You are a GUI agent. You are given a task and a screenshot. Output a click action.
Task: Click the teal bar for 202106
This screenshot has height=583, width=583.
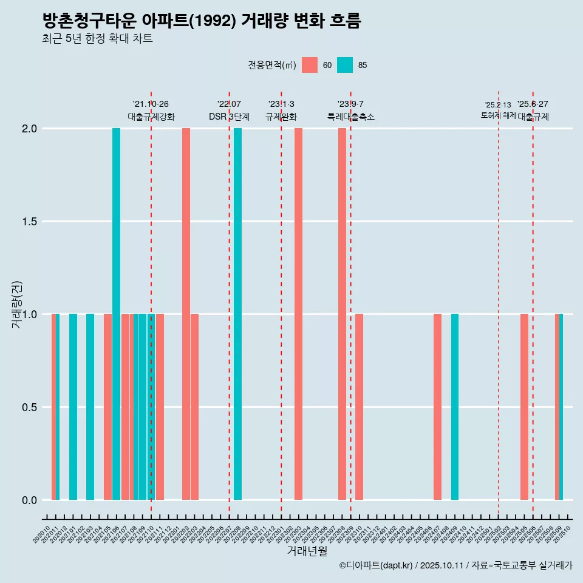point(116,314)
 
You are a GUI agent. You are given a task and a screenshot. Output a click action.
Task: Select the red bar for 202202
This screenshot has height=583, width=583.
point(186,314)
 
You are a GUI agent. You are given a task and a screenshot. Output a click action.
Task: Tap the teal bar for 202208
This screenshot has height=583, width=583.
point(237,314)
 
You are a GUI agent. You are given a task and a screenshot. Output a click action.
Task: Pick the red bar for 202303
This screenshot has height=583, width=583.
point(298,314)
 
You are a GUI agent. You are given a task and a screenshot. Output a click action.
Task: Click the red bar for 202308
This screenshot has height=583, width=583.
point(342,314)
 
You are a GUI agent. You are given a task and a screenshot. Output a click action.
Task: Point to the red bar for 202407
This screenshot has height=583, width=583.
point(437,407)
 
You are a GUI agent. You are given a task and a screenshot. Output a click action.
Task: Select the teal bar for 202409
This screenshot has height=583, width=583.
point(455,407)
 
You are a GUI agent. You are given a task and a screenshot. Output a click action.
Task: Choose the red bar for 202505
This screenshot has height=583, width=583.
point(524,407)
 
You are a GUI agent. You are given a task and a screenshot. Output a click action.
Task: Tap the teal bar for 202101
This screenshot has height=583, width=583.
point(73,407)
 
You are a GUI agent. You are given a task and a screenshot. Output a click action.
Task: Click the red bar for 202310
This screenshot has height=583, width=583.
point(360,407)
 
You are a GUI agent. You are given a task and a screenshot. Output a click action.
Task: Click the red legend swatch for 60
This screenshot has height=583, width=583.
point(310,65)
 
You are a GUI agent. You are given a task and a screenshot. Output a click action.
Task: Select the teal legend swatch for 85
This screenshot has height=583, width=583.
point(345,65)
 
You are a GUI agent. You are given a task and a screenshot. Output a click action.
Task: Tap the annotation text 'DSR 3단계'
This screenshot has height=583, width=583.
point(229,117)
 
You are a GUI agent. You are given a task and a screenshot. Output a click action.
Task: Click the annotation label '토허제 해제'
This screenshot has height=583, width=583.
point(498,115)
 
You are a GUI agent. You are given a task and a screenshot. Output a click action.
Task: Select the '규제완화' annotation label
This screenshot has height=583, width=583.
point(281,117)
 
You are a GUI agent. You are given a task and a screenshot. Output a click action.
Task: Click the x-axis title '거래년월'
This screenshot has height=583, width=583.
point(307,551)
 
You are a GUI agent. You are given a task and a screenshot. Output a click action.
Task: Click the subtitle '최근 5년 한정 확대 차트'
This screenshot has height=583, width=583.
point(97,39)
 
